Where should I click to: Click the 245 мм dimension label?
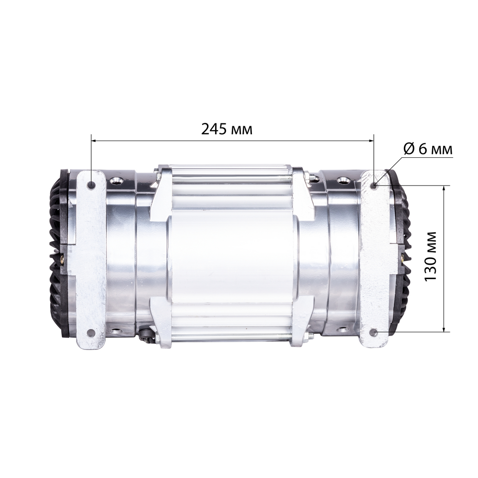pos(227,129)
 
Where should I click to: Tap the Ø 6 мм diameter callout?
pos(427,149)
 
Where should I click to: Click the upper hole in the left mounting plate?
pos(91,184)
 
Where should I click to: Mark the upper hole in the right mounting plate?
pos(374,185)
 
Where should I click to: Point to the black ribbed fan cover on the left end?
pos(56,253)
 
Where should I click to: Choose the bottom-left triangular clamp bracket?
pos(162,320)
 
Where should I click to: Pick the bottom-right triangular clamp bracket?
pos(301,320)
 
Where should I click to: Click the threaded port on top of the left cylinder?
pos(116,181)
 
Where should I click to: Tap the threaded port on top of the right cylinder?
pos(343,181)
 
